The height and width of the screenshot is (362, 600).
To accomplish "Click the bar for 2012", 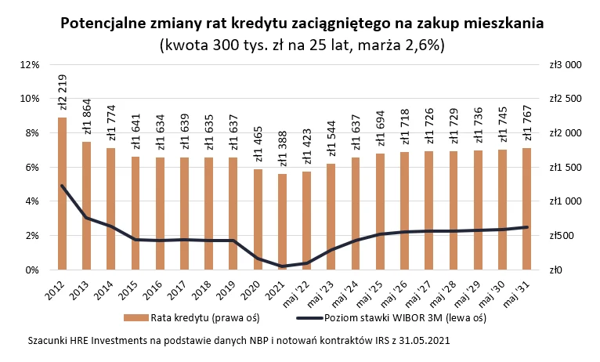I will click(x=63, y=194).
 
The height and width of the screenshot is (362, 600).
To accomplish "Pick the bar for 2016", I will click(x=160, y=213).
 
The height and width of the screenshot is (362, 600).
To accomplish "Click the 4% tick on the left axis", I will click(x=31, y=201).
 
